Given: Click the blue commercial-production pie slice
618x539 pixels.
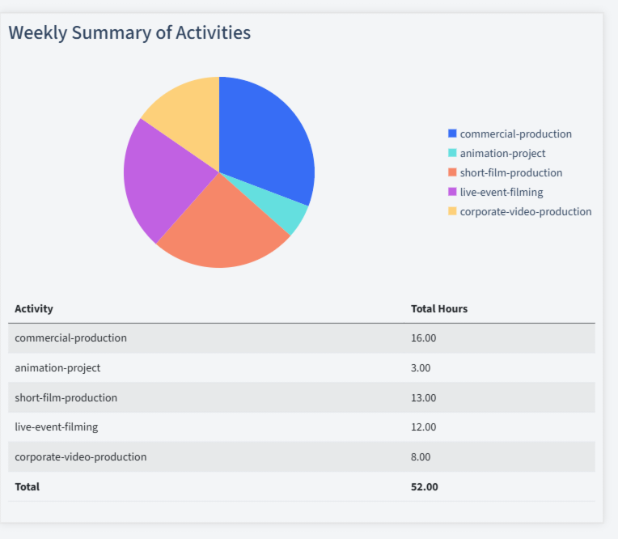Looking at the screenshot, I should point(263,138).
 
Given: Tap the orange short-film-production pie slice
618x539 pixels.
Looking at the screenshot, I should point(222,231).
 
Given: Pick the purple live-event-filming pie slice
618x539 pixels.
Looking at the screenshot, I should point(158,178).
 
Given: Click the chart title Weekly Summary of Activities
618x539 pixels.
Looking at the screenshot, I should point(129,32).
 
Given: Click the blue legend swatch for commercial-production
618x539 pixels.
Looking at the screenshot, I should point(452,134).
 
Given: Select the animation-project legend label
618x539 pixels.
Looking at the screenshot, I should point(502,153).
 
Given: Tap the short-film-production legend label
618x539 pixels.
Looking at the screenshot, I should point(510,172).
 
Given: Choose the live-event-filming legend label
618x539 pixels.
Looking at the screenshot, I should point(501,192).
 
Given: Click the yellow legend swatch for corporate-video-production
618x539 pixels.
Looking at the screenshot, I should point(452,211).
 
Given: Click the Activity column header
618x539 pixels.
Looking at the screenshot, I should point(34,308).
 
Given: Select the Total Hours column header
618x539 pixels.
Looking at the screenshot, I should point(439,308).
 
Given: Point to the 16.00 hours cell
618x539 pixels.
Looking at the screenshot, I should point(424,337).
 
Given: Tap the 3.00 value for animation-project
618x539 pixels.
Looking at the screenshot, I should point(421,367).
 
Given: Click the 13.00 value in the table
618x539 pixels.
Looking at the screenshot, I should point(424,397).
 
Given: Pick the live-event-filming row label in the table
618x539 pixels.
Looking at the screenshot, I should point(56,427).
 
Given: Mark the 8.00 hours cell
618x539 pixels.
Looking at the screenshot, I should point(421,456).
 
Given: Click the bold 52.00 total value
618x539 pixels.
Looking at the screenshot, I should point(425,486).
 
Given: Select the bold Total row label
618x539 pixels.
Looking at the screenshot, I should point(27,486).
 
